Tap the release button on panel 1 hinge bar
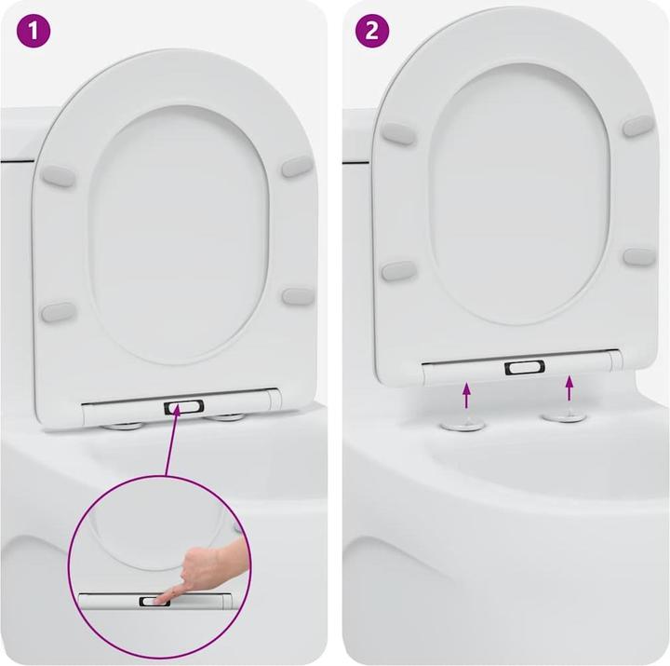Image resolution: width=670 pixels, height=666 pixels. pos(183,407)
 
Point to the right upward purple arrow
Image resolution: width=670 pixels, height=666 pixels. pos(569,387)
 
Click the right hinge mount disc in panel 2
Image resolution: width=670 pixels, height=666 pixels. pos(564,415)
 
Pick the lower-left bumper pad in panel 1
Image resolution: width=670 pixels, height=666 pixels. pos(59,310)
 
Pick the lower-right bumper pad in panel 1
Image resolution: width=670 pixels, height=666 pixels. pos(298,296)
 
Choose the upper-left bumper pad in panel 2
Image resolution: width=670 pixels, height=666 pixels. pos(399,133)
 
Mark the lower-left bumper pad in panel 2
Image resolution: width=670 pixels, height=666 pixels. pos(398,271)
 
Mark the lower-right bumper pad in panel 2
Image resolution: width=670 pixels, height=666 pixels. pos(639,256)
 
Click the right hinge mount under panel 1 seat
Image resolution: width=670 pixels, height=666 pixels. pos(226,416)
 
